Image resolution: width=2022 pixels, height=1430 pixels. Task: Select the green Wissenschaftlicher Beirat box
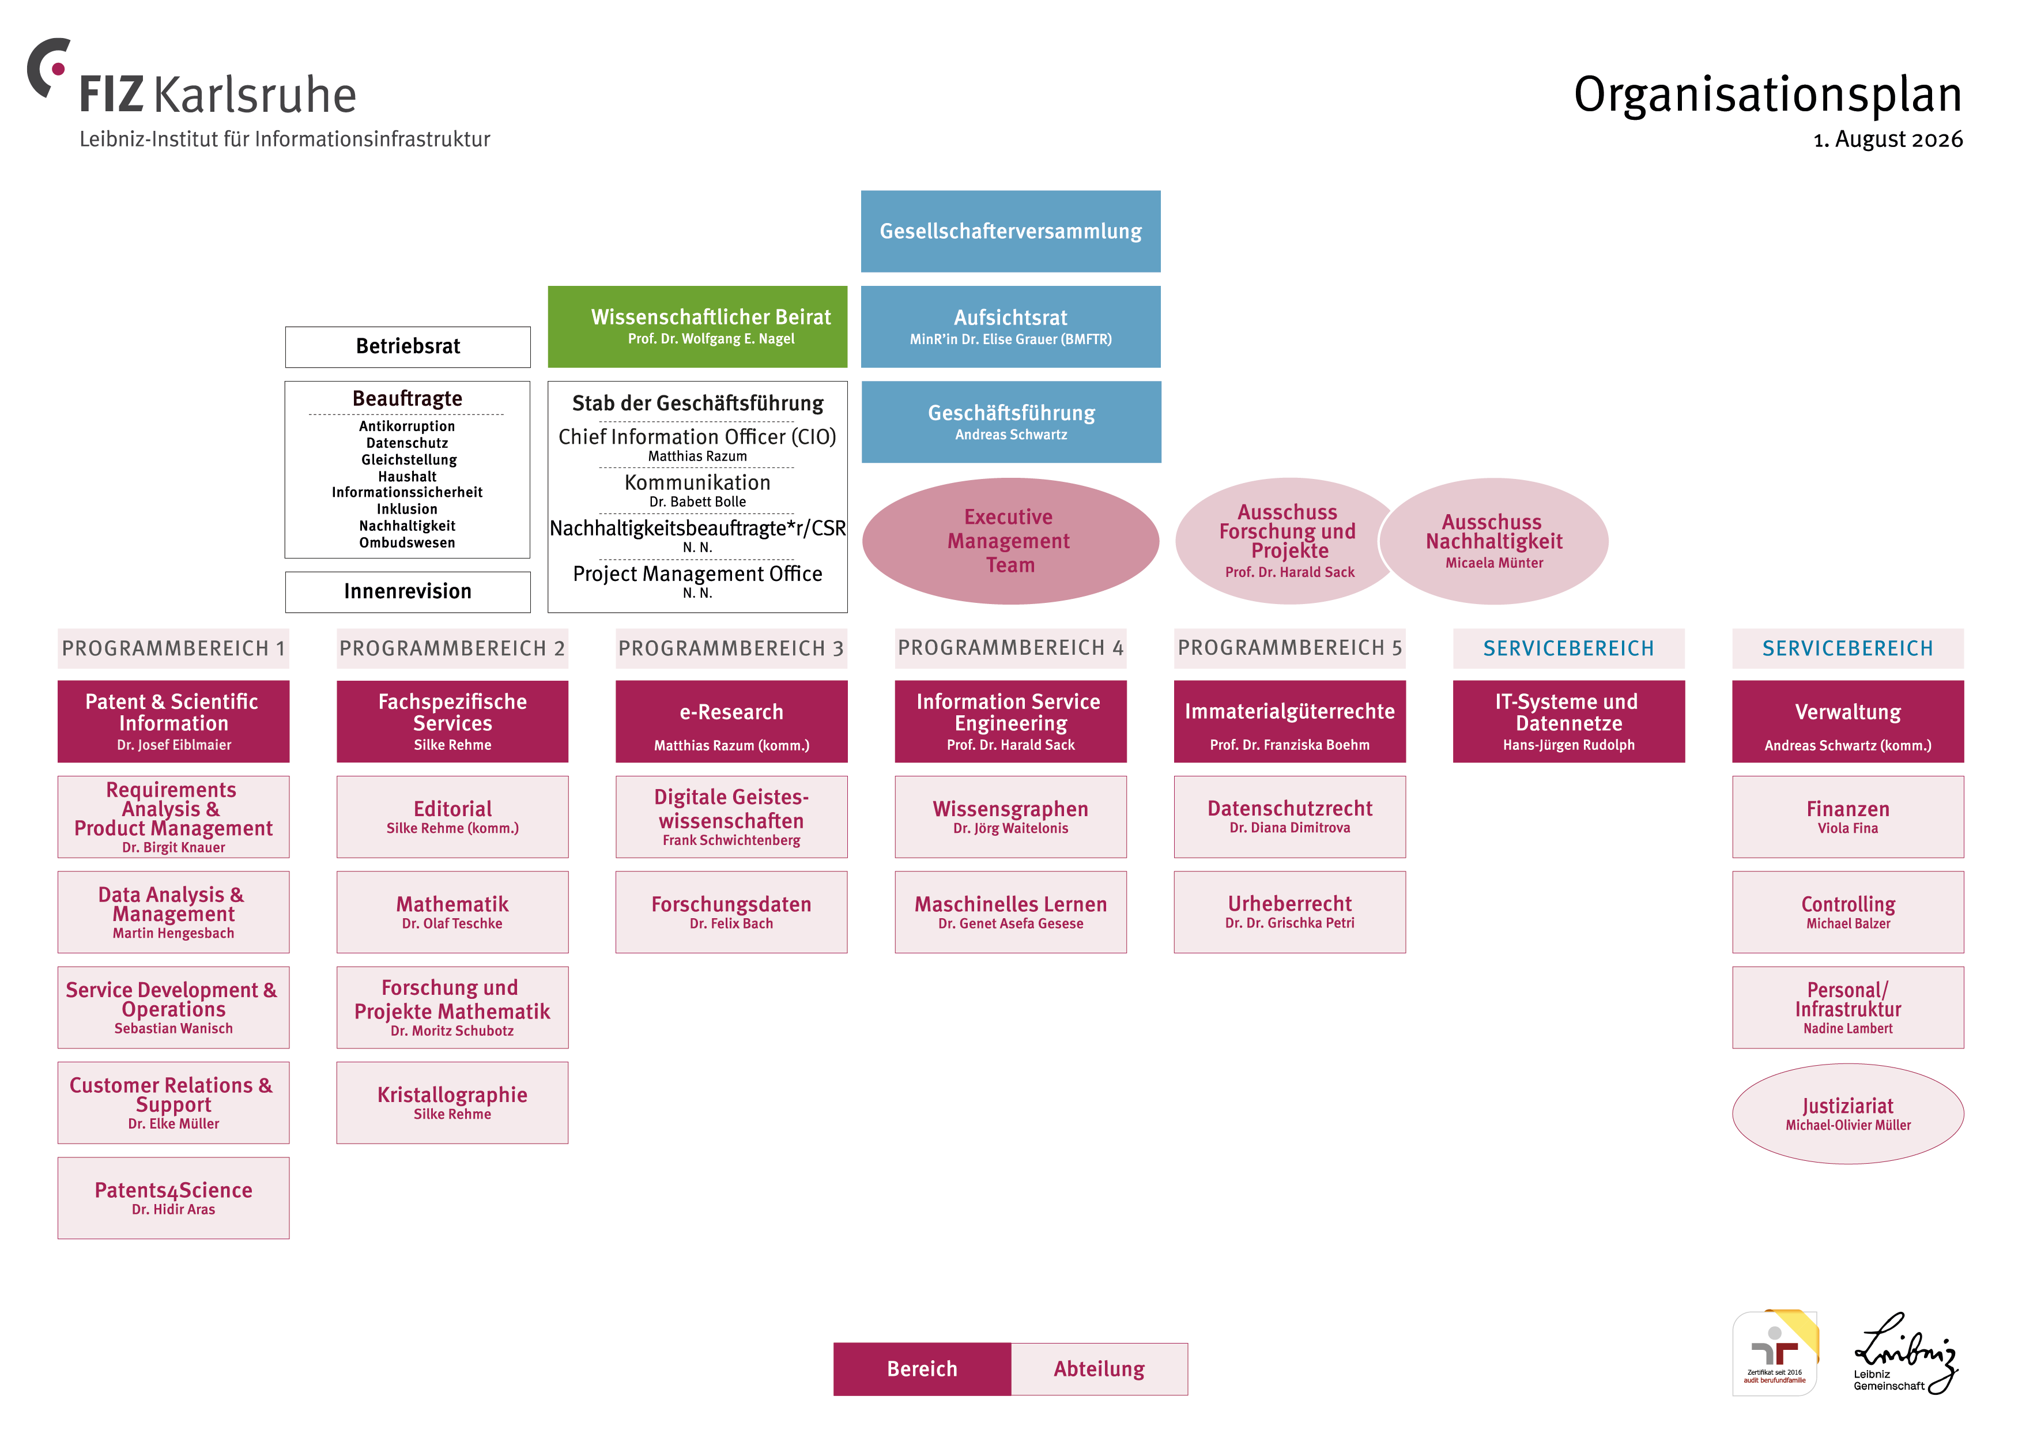point(697,327)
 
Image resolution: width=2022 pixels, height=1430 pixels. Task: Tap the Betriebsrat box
point(408,347)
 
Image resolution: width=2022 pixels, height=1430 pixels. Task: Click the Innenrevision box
point(408,592)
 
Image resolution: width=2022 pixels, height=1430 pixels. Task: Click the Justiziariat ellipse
point(1847,1114)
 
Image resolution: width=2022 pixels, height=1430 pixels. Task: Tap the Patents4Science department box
point(173,1198)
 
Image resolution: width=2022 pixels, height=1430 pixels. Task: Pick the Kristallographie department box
point(452,1103)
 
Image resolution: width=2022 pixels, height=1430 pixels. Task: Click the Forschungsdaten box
point(731,912)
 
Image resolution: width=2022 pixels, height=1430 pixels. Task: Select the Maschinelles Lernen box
point(1010,912)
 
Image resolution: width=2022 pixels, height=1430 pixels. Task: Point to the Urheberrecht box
point(1289,912)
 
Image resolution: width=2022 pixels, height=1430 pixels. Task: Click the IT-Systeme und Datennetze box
point(1568,721)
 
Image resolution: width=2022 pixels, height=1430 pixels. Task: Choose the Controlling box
point(1847,912)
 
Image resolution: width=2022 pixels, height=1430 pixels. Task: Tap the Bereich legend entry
point(922,1369)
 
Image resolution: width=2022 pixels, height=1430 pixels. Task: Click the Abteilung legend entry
point(1099,1369)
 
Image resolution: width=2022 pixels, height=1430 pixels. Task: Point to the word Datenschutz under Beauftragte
point(407,443)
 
